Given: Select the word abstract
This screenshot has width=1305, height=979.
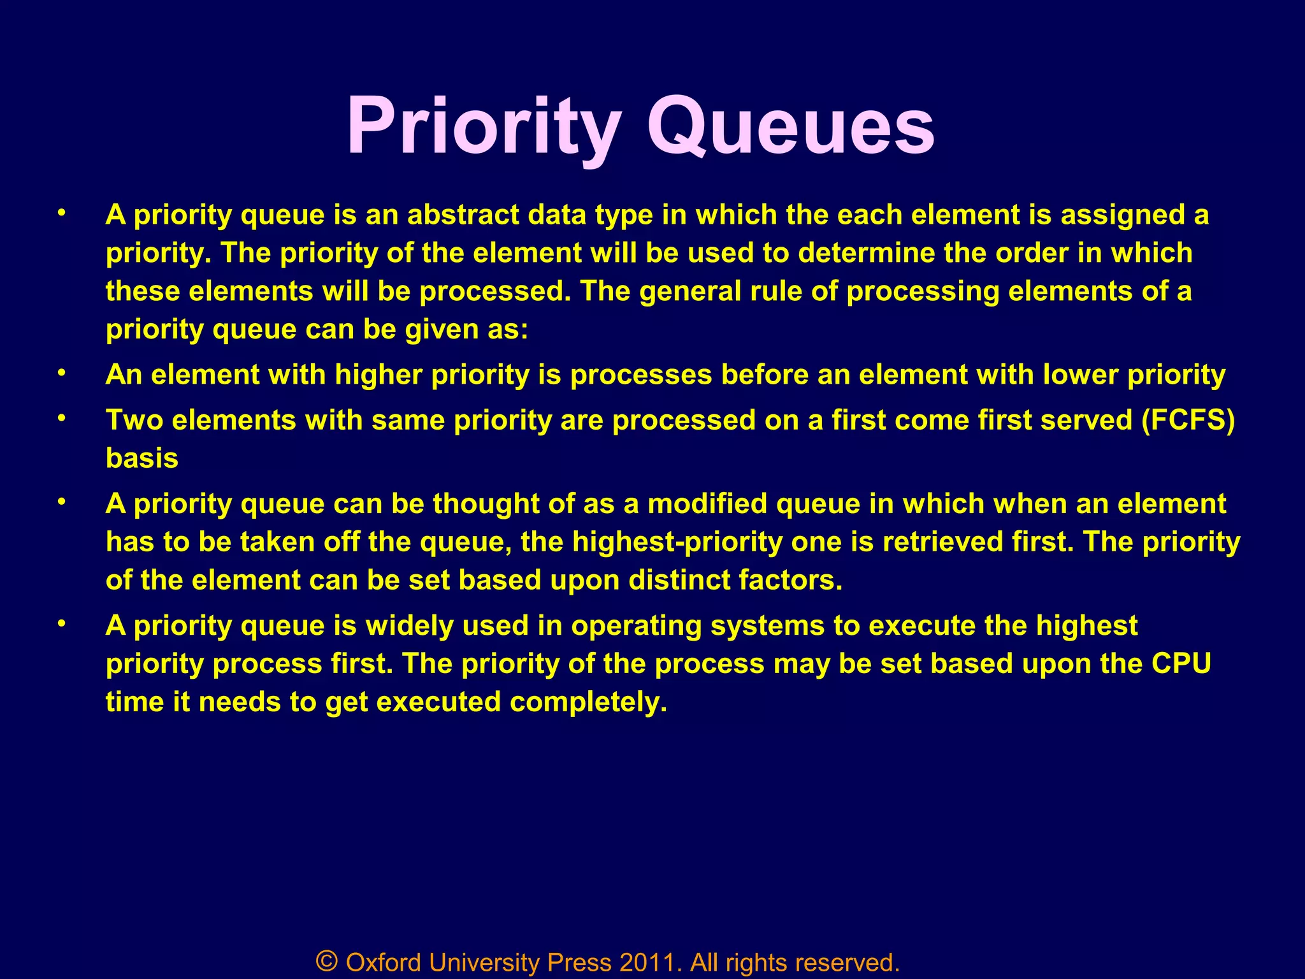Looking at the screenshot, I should click(x=463, y=215).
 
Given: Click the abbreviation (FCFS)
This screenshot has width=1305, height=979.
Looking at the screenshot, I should click(x=1188, y=421).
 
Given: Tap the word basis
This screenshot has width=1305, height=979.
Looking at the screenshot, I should click(x=142, y=458).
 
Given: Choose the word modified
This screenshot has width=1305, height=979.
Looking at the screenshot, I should click(x=707, y=504).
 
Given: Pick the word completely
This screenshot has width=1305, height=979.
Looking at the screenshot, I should click(x=588, y=702).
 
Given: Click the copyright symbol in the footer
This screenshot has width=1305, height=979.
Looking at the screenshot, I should click(x=326, y=961).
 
